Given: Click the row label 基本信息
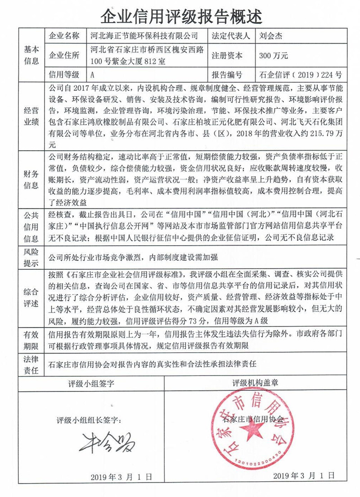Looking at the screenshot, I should click(31, 54).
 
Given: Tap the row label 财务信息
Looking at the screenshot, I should click(31, 179).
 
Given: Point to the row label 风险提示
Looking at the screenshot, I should click(31, 257).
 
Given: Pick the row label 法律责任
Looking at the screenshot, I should click(31, 365).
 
